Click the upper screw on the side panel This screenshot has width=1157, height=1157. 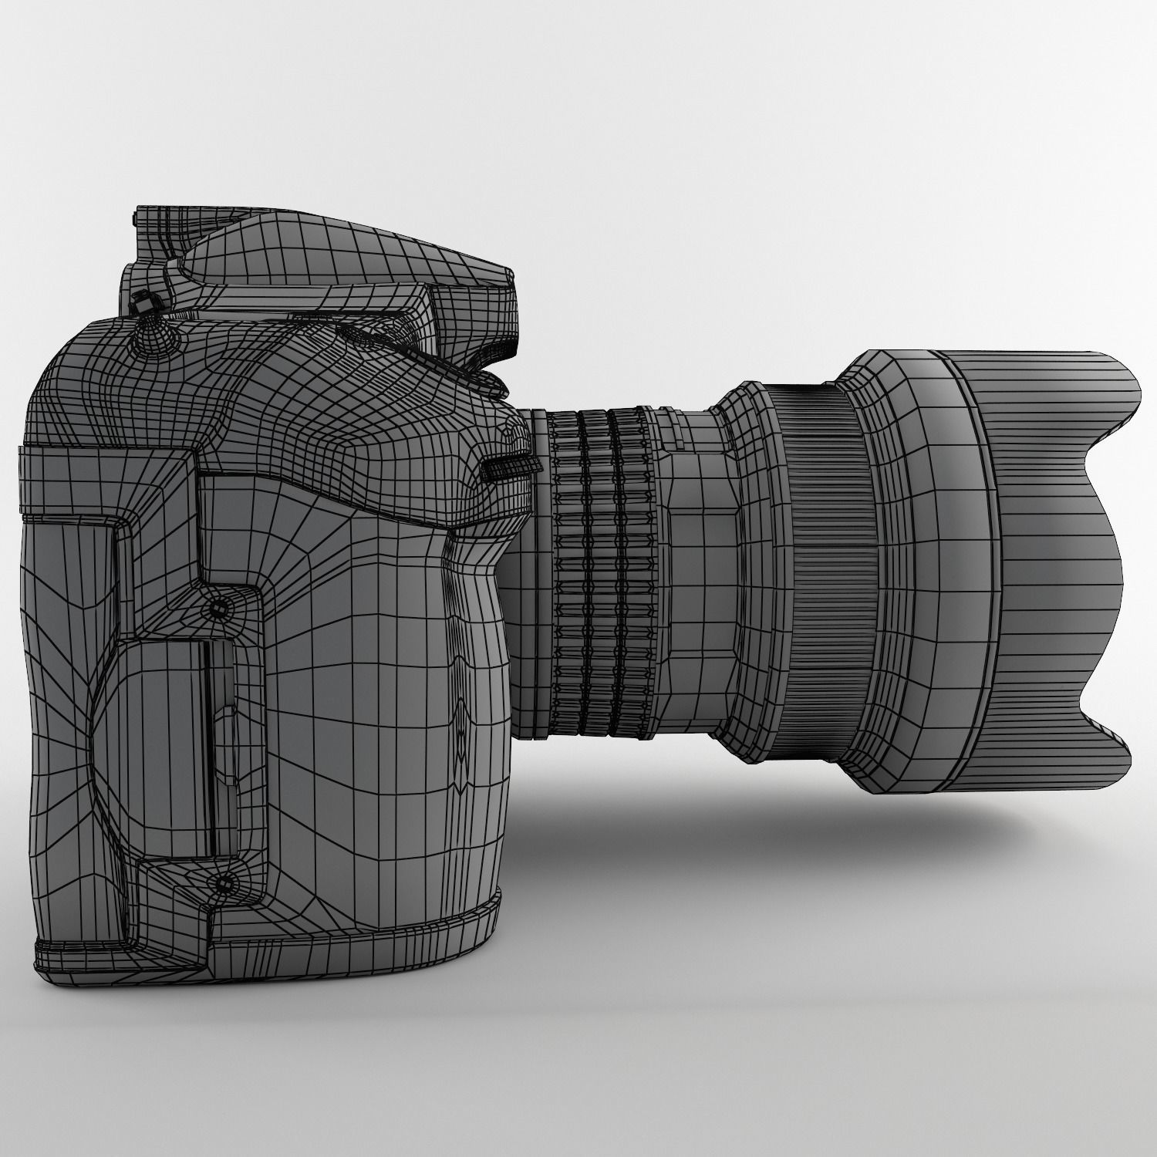[220, 608]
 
